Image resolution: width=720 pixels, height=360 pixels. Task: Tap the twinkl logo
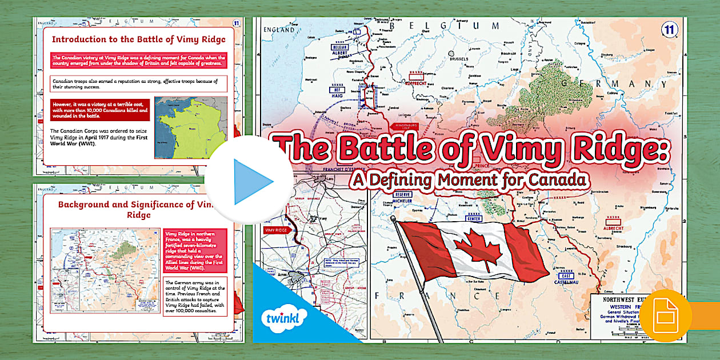pos(283,316)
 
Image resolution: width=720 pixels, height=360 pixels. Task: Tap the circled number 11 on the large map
pos(669,30)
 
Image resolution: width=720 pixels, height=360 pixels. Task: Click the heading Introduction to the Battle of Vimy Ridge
pos(139,39)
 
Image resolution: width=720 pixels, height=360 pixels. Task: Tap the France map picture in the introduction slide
pos(190,127)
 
